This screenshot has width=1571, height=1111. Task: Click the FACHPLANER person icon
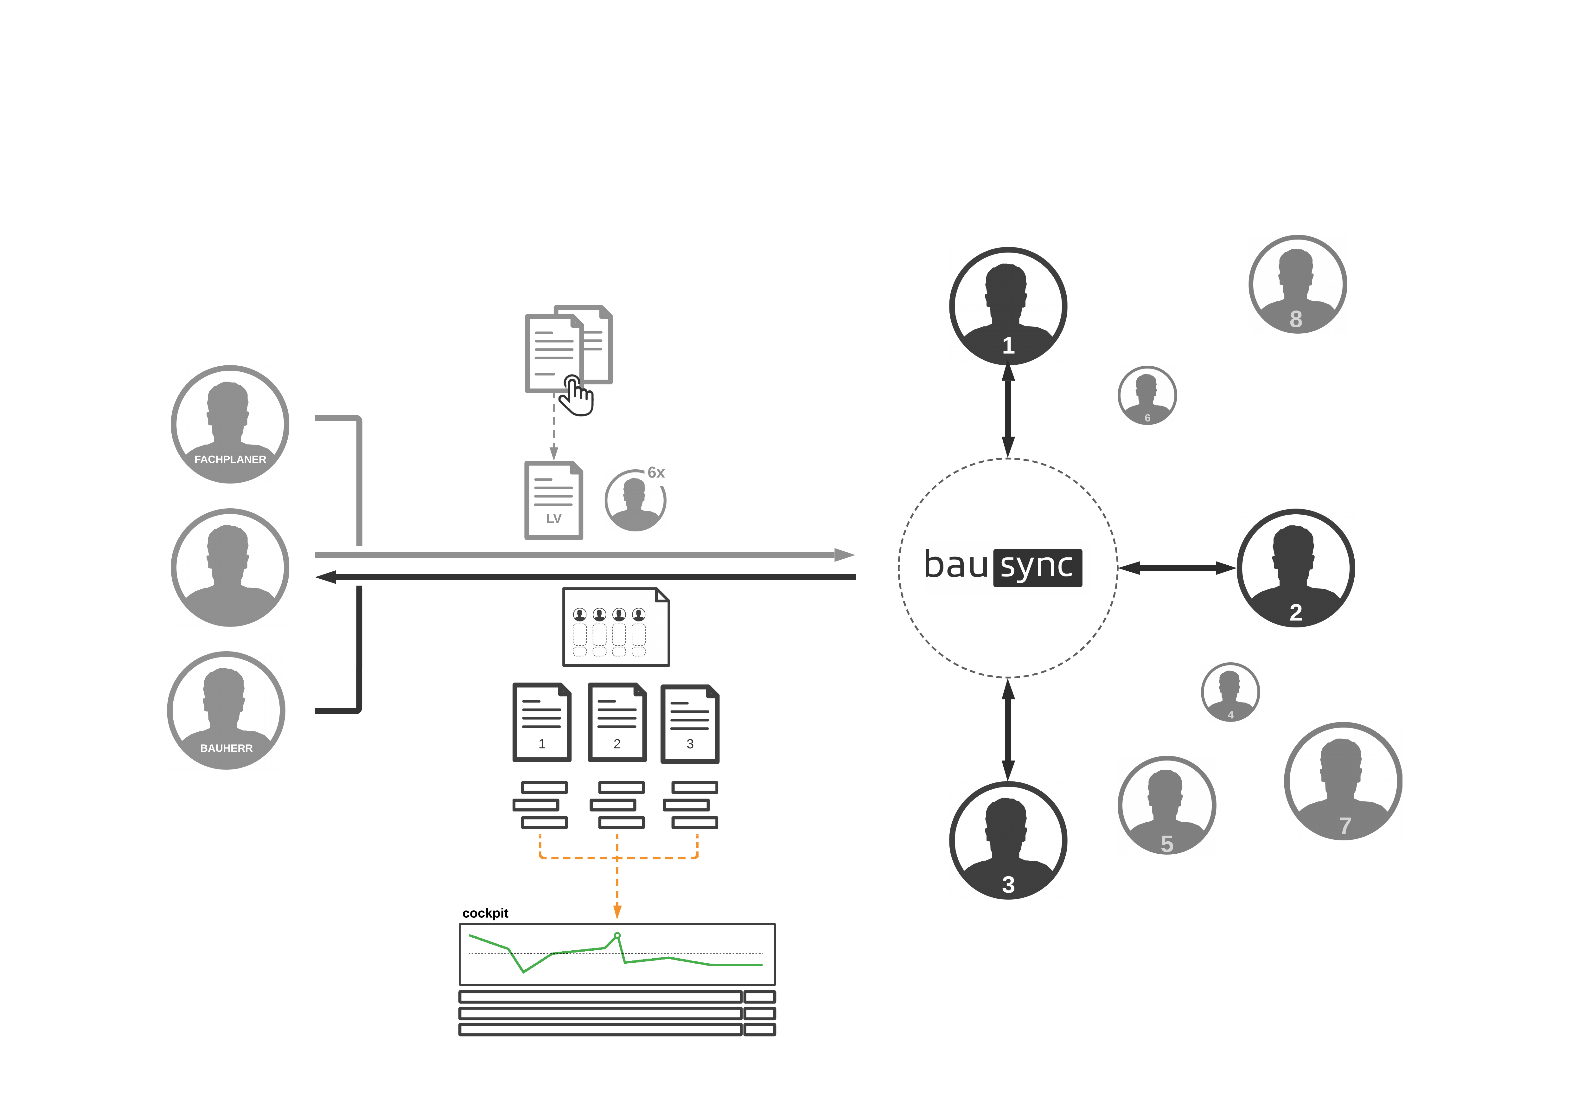point(230,424)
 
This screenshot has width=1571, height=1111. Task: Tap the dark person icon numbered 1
point(1008,306)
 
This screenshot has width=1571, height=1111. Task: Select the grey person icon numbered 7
point(1343,781)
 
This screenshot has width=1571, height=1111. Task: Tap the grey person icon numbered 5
point(1167,805)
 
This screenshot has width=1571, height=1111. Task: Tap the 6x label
point(656,472)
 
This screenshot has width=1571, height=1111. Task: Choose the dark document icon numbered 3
point(690,723)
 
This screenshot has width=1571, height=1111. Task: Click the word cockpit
point(485,913)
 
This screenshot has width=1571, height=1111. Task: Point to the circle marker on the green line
point(617,935)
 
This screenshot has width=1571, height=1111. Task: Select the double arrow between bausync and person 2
point(1177,568)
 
